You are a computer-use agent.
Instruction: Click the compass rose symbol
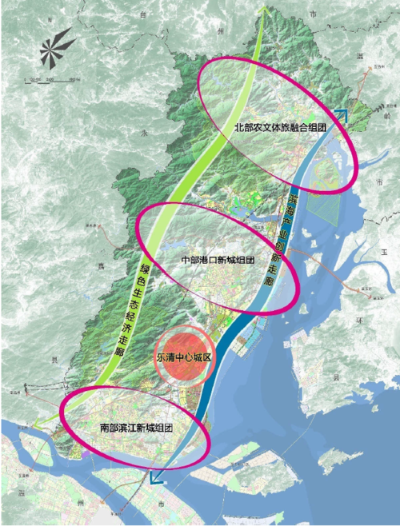point(56,50)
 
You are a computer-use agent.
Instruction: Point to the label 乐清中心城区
point(182,360)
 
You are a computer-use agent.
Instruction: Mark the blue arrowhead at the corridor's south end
point(154,480)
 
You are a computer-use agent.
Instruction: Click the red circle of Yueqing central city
point(182,360)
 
